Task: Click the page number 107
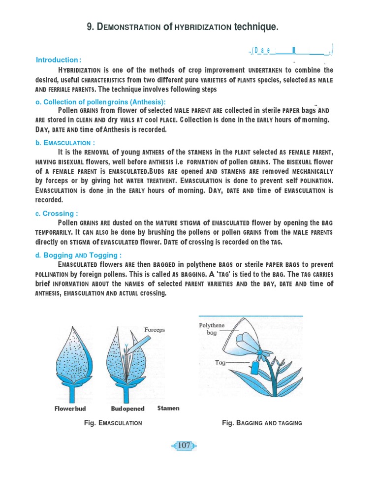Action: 184,445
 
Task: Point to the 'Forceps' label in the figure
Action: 154,330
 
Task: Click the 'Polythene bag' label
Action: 212,329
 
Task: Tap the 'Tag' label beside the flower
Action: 220,362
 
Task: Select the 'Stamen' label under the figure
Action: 168,408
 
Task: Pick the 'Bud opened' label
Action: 127,409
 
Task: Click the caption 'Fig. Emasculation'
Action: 113,423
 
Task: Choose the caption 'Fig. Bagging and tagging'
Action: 262,423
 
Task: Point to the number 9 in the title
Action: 89,27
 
